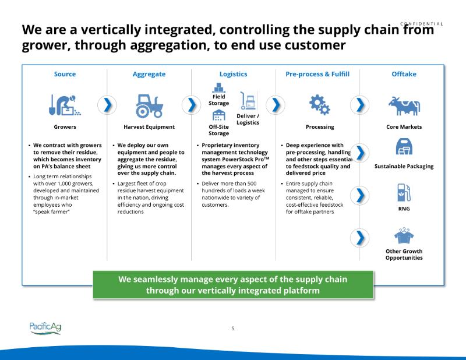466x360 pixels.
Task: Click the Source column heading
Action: point(65,74)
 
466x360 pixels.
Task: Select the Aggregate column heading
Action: point(149,74)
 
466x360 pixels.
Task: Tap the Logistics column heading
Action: point(233,74)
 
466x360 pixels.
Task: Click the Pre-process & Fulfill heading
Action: point(317,74)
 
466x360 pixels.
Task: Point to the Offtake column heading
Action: point(404,74)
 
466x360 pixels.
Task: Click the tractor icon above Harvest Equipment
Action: point(149,105)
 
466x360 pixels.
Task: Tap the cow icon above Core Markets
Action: point(404,105)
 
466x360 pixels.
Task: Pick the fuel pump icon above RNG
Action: point(404,192)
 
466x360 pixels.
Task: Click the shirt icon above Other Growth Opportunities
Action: point(404,235)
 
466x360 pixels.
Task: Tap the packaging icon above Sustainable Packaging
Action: point(404,147)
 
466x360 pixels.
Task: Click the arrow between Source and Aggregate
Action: point(107,105)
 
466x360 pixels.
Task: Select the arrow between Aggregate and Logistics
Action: point(191,105)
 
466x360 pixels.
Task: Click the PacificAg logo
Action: point(45,328)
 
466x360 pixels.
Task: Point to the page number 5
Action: point(233,329)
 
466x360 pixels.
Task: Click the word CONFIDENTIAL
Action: point(422,24)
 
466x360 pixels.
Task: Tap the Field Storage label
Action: point(218,100)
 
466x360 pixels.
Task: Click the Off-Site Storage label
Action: point(218,129)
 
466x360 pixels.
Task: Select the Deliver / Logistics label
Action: point(248,119)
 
